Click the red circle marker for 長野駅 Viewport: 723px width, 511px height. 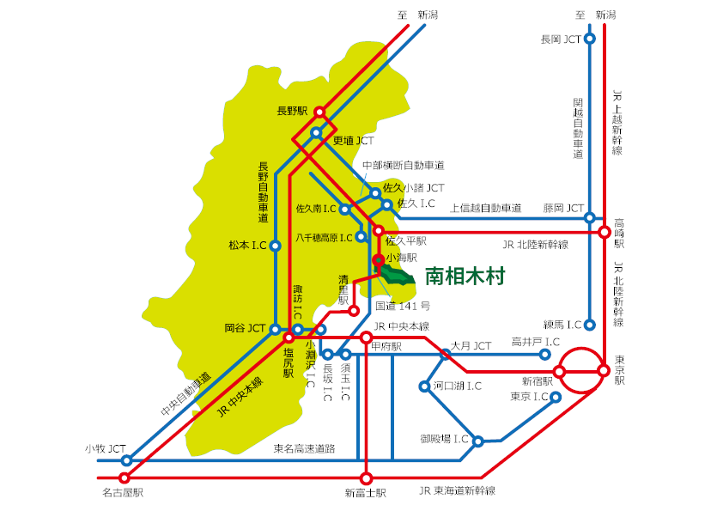click(x=319, y=112)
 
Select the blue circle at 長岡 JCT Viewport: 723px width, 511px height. click(x=590, y=39)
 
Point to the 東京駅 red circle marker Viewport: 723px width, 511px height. click(x=604, y=371)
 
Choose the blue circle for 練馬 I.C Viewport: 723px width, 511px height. click(x=590, y=325)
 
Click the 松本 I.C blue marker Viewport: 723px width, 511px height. click(x=276, y=246)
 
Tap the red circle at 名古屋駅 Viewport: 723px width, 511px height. click(x=125, y=478)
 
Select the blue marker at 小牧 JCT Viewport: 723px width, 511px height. click(x=126, y=460)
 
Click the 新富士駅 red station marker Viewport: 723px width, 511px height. click(x=366, y=478)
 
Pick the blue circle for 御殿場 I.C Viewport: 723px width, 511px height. click(x=478, y=441)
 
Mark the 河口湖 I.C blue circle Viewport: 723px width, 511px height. click(x=426, y=386)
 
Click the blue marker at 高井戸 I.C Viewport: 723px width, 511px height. click(x=545, y=353)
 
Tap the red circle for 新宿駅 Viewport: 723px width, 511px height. click(x=559, y=371)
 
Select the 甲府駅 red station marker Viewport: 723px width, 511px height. click(x=366, y=338)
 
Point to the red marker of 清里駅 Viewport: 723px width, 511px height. click(x=353, y=311)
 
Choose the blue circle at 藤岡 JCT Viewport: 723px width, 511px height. click(x=590, y=217)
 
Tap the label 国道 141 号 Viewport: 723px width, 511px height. click(x=403, y=305)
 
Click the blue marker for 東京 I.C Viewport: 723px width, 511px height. click(x=556, y=397)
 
